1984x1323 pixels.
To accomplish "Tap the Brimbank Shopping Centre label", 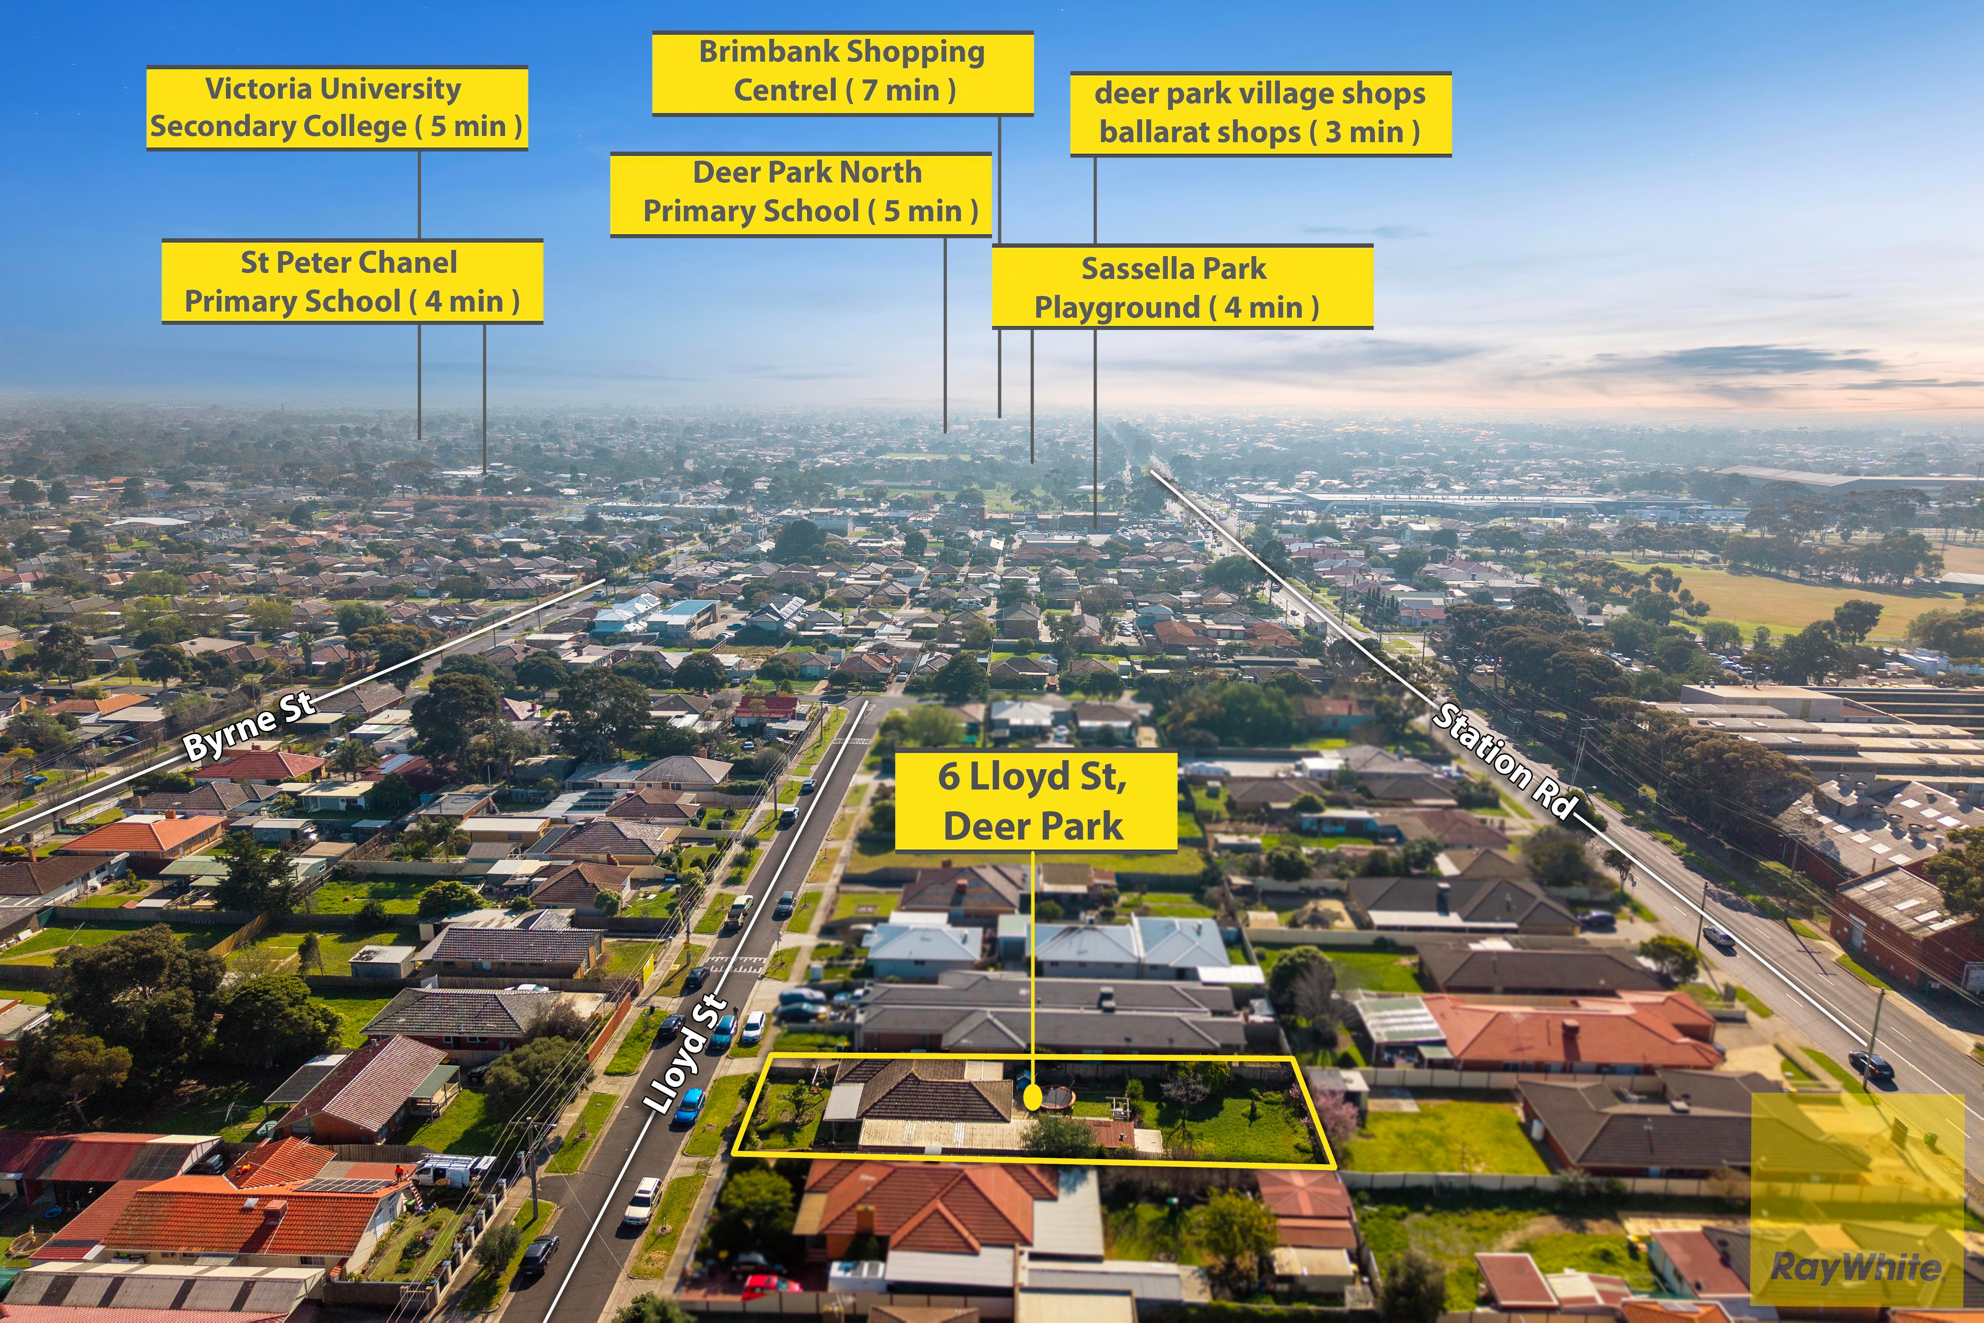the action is [x=842, y=73].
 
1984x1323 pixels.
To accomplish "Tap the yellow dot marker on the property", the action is [x=1033, y=1097].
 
